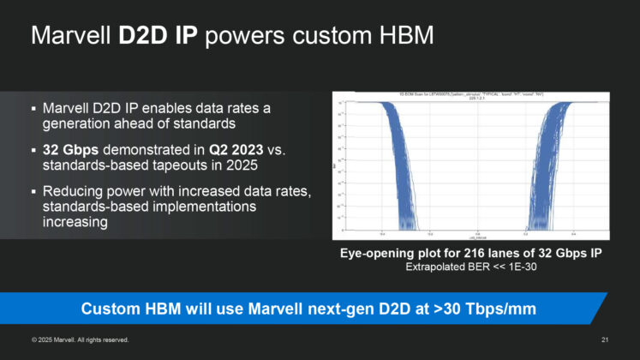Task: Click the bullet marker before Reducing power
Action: click(33, 190)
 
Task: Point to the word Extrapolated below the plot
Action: click(433, 267)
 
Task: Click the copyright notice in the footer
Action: click(81, 340)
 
